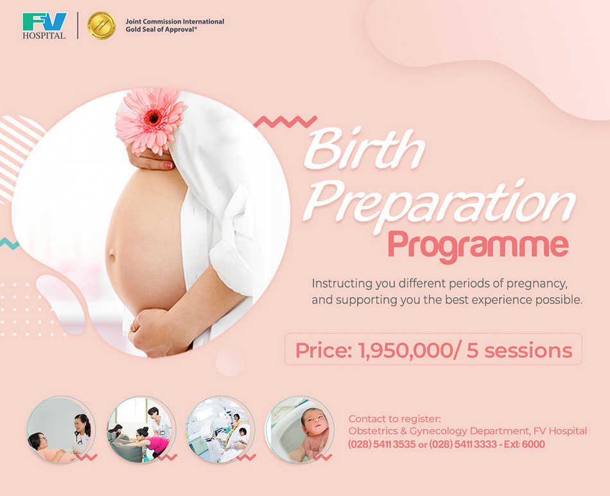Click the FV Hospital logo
tap(44, 26)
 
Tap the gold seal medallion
tap(101, 26)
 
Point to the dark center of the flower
tap(153, 116)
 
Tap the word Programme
tap(478, 245)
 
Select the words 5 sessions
tap(519, 350)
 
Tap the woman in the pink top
tap(153, 443)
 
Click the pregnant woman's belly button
tap(112, 255)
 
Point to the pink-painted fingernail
tap(168, 166)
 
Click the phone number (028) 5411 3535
tap(381, 444)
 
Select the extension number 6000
tap(534, 444)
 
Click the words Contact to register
tap(394, 419)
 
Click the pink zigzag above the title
tap(285, 121)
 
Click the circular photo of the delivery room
tap(221, 430)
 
